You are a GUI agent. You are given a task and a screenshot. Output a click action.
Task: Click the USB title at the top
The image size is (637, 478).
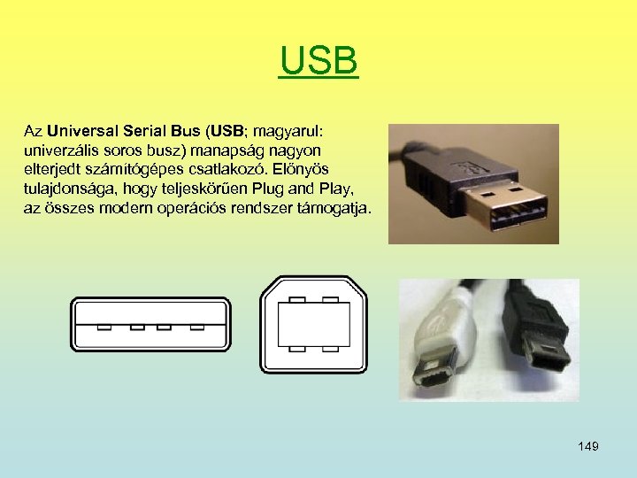point(318,61)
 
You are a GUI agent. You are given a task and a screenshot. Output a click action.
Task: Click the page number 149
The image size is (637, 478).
point(588,446)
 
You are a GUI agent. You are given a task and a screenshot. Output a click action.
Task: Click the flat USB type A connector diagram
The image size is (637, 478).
point(150,324)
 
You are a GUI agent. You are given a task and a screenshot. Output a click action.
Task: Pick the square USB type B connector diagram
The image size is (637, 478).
point(313,324)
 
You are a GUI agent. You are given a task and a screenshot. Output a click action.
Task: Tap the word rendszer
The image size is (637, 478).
point(276,208)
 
